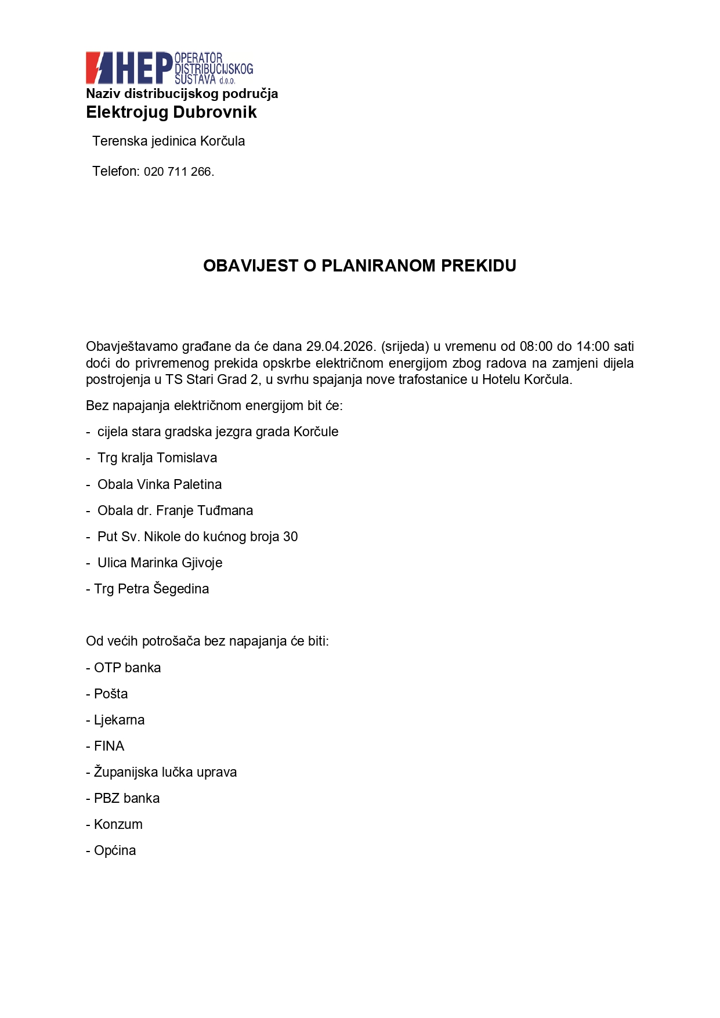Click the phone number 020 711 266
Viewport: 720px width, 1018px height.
pos(178,172)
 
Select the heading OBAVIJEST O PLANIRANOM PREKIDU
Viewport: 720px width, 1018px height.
pos(360,266)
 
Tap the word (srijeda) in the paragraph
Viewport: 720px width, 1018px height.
pos(405,347)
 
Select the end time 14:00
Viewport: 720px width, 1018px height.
pos(592,347)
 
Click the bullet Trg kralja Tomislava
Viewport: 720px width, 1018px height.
pos(157,458)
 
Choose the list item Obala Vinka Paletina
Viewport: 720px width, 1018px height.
pos(160,484)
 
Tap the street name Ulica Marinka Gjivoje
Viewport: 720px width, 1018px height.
pos(160,563)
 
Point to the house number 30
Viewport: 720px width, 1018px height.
pos(290,537)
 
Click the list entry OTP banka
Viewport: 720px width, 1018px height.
pos(127,668)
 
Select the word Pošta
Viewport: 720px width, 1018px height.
pos(111,694)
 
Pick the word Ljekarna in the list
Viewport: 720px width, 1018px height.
pos(119,720)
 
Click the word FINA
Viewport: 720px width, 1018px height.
pos(109,746)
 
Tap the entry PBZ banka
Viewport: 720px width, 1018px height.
pos(126,798)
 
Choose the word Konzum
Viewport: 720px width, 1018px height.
pos(118,824)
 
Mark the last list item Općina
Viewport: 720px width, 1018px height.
pos(115,850)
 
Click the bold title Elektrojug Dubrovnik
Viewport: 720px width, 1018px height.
pos(171,113)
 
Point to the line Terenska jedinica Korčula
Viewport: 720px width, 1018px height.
pos(168,142)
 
